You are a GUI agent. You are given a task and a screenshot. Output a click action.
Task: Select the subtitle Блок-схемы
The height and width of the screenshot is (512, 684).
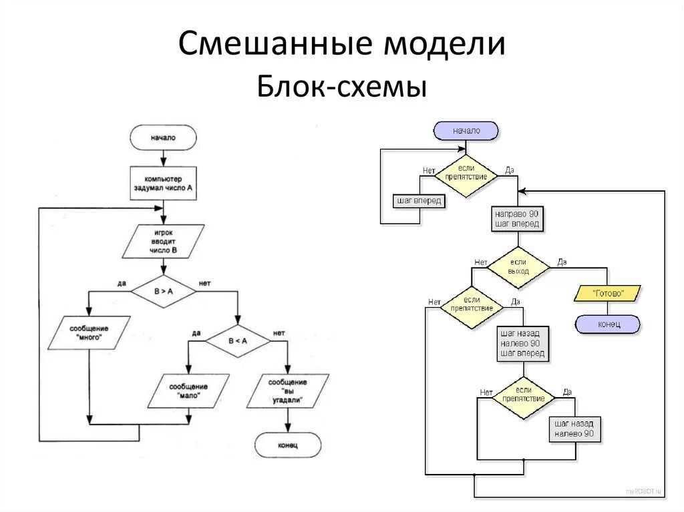pos(341,87)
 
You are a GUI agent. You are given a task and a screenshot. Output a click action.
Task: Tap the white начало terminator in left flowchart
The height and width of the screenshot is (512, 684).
pos(163,138)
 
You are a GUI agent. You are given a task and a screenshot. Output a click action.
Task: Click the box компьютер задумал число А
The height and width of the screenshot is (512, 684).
pos(163,184)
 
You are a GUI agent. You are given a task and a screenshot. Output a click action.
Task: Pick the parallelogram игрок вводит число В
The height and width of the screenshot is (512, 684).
pos(163,241)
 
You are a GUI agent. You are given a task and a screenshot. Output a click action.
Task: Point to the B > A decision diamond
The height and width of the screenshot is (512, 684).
pos(163,291)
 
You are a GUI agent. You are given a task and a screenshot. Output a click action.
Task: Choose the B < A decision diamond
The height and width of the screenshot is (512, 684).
pos(238,340)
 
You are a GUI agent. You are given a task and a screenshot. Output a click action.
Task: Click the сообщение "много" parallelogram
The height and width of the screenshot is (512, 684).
pos(89,333)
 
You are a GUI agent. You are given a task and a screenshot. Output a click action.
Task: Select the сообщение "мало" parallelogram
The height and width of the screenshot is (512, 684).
pos(188,391)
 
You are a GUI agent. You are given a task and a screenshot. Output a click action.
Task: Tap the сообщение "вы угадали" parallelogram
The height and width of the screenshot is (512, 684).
pos(287,391)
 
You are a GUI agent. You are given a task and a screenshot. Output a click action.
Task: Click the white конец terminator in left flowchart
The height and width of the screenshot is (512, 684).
pos(288,445)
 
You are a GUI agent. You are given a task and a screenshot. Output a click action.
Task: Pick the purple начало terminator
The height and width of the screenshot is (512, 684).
pos(466,131)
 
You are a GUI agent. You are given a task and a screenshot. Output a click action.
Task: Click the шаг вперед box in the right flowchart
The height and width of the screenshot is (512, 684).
pos(419,200)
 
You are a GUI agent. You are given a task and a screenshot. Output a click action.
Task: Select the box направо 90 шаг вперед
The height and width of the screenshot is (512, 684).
pos(517,218)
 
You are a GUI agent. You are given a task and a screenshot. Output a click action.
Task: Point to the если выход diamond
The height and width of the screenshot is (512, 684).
pos(518,267)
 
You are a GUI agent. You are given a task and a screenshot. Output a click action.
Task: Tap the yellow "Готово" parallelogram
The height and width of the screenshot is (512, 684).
pos(607,292)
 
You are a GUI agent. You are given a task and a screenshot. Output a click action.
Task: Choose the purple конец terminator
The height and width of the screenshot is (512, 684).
pos(607,324)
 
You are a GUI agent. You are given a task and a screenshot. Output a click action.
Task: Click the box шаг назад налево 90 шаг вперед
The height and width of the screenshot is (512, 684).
pos(522,343)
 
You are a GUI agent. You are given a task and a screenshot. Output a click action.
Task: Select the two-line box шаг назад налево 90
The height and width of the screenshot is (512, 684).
pos(574,429)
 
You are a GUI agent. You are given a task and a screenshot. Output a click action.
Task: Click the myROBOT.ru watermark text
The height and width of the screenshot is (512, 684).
pos(644,491)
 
